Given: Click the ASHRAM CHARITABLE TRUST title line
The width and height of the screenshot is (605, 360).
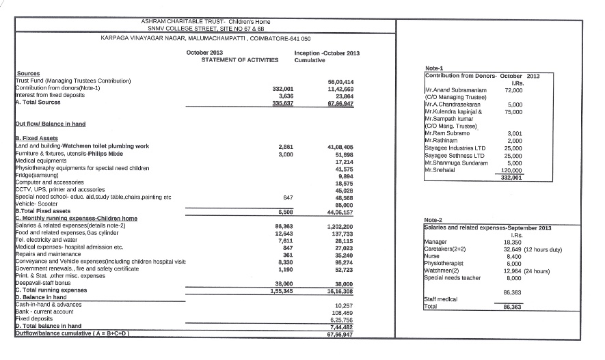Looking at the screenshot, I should click(206, 22).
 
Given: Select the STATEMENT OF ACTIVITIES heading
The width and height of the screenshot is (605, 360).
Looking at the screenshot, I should click(240, 60).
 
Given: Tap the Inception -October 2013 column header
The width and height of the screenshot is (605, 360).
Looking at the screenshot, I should click(327, 53).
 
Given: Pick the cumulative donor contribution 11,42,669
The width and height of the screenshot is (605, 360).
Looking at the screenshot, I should click(340, 89).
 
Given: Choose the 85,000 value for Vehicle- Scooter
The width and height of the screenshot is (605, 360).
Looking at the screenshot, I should click(343, 204).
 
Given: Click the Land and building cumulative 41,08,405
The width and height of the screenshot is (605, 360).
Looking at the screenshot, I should click(340, 146).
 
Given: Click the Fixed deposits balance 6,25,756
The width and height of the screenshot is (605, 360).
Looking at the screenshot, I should click(341, 320).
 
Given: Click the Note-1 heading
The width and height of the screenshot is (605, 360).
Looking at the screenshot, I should click(434, 68).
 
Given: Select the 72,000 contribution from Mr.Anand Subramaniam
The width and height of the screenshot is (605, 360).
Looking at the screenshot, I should click(513, 90).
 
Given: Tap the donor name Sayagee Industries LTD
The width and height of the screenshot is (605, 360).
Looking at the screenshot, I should click(455, 148).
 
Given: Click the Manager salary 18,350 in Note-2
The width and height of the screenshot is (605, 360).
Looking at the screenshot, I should click(513, 243).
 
